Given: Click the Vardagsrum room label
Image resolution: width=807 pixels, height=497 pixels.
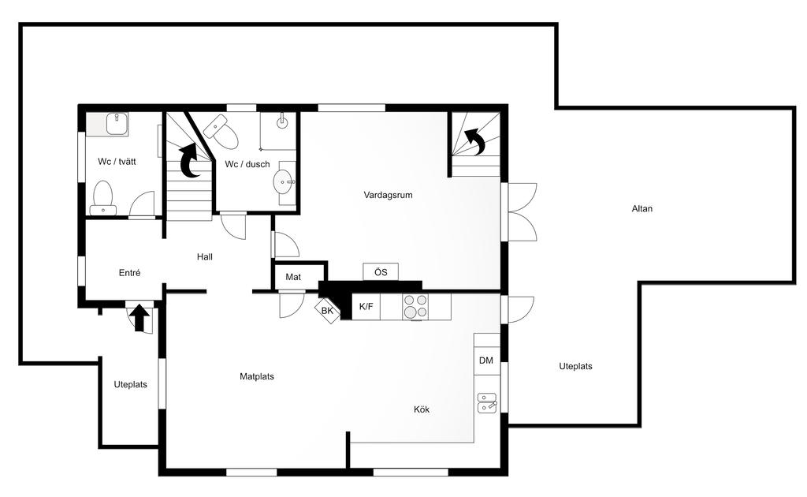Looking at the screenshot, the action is [x=388, y=195].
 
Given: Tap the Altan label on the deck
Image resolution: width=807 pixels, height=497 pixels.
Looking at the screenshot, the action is [x=642, y=208].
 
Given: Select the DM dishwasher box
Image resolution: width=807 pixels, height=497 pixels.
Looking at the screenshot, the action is [x=486, y=361].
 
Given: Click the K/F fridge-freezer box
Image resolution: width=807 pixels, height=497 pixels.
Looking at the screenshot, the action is [x=366, y=307].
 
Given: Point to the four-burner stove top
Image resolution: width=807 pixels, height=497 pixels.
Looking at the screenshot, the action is [x=415, y=307].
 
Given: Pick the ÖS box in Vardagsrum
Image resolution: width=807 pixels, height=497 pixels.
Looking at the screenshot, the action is [x=381, y=272].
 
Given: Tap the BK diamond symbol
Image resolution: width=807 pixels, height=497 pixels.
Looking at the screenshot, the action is [x=327, y=311].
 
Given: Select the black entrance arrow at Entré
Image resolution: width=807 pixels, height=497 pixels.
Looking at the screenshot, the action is [x=139, y=318].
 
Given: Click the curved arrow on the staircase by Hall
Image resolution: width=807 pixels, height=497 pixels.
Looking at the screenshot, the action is [x=191, y=161].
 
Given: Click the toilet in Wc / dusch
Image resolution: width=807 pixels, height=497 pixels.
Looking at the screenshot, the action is [x=221, y=131].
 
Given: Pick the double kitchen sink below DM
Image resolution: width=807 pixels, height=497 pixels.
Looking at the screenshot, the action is [x=487, y=403].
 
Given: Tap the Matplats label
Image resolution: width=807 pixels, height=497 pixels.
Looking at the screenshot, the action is [x=257, y=376].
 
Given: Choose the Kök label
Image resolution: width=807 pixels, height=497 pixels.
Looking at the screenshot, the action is [x=422, y=409].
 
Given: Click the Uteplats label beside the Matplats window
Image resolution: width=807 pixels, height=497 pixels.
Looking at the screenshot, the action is [x=130, y=385].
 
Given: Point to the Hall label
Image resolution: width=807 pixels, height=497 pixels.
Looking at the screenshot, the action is [x=204, y=256].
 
